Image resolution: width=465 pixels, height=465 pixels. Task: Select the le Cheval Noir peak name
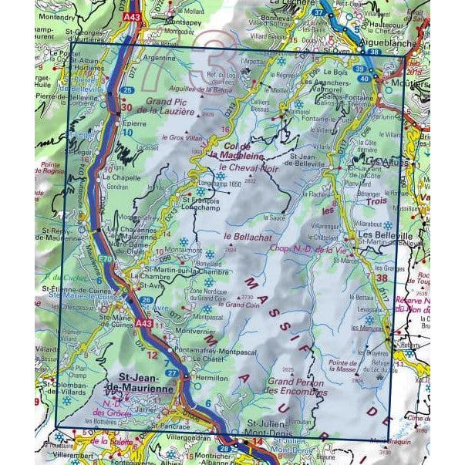[x=248, y=167]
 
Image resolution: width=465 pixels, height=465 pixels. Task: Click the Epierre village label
[x=134, y=121]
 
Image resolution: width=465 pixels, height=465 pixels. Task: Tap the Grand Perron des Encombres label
[x=295, y=386]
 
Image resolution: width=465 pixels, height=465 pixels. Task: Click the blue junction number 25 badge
[x=126, y=90]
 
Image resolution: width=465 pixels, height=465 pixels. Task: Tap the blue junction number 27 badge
[x=174, y=372]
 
